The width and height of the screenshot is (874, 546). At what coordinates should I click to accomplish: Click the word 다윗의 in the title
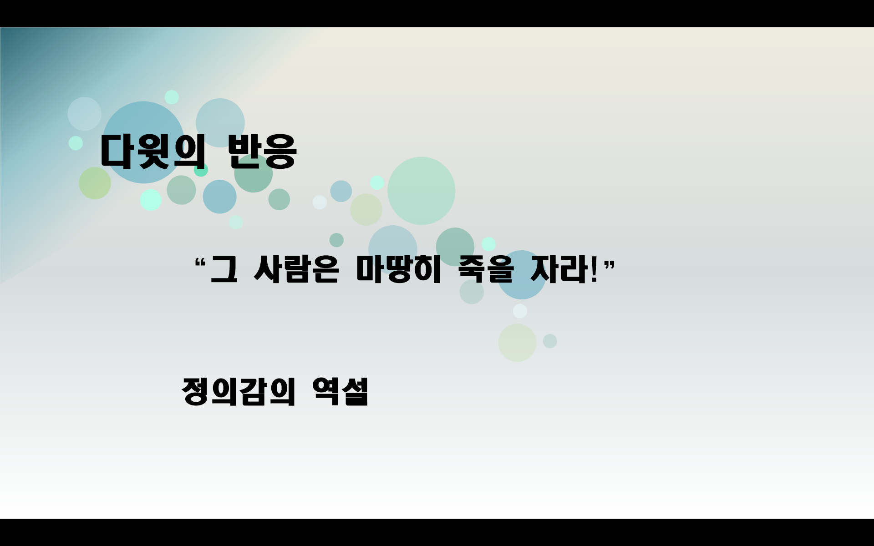tap(152, 152)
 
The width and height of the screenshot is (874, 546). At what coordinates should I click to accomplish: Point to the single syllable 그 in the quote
tap(224, 269)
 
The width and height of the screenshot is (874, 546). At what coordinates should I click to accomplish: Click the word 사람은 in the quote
tap(296, 269)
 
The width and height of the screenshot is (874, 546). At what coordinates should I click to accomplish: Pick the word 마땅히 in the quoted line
tap(399, 269)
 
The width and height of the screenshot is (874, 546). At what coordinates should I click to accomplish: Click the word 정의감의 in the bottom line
tap(239, 391)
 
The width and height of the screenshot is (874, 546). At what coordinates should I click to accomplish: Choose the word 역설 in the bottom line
tap(340, 391)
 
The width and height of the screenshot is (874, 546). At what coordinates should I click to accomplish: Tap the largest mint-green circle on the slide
tap(421, 191)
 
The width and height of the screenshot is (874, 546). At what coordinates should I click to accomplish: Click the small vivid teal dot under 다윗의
tap(201, 171)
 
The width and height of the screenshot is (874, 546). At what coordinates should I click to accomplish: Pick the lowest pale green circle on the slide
tap(517, 343)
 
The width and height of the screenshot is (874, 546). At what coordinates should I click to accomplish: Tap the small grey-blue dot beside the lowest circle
tap(550, 341)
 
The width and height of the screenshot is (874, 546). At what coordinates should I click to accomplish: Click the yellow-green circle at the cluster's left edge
tap(95, 183)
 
